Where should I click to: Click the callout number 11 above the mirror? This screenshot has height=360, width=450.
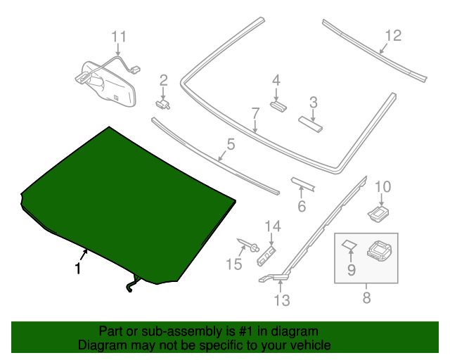(x=119, y=37)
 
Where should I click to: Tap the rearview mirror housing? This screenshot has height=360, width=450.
(x=108, y=84)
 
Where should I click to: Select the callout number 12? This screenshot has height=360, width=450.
(x=393, y=36)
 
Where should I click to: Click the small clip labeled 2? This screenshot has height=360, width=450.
(x=162, y=104)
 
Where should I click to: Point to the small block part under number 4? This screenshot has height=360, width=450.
(x=278, y=106)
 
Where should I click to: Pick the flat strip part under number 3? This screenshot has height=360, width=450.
(x=310, y=124)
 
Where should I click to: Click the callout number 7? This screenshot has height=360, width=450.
(x=255, y=113)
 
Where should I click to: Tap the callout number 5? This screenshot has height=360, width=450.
(x=231, y=144)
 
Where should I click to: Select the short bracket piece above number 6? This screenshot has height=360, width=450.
(x=303, y=185)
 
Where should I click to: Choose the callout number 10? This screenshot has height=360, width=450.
(x=382, y=186)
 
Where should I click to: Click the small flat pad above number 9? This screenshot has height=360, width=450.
(x=349, y=245)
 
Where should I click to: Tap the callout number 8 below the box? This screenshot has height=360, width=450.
(x=366, y=297)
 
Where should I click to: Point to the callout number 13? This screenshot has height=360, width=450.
(x=282, y=300)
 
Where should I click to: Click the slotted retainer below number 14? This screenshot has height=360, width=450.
(x=266, y=256)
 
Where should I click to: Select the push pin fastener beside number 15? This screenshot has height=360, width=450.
(x=248, y=245)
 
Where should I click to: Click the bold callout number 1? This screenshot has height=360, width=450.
(x=77, y=269)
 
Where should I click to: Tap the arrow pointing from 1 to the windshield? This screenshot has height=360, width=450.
(x=84, y=255)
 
